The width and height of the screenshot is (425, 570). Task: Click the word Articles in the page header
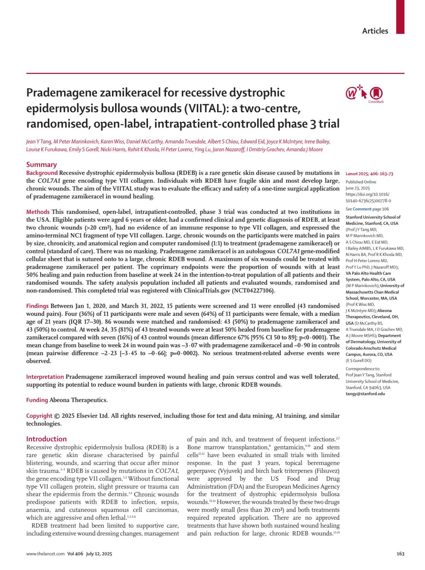(375, 31)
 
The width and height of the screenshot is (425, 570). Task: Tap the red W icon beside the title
(351, 94)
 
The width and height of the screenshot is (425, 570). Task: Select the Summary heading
(41, 165)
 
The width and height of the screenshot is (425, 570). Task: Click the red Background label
(42, 173)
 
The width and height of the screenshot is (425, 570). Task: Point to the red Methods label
(38, 212)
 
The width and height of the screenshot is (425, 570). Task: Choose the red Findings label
(38, 306)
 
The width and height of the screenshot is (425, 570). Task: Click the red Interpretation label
(45, 377)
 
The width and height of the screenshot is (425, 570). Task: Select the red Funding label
(37, 400)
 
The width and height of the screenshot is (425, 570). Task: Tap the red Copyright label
(39, 416)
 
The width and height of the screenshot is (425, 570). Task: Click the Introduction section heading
(46, 439)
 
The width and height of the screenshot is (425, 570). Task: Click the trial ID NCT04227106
(253, 291)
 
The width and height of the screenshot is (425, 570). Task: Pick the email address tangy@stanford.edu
(365, 394)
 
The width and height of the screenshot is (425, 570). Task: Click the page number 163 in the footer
(400, 554)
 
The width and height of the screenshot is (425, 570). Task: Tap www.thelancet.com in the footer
(45, 554)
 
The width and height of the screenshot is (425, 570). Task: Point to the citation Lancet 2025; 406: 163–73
(369, 174)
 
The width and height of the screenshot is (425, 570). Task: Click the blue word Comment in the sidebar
(362, 209)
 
